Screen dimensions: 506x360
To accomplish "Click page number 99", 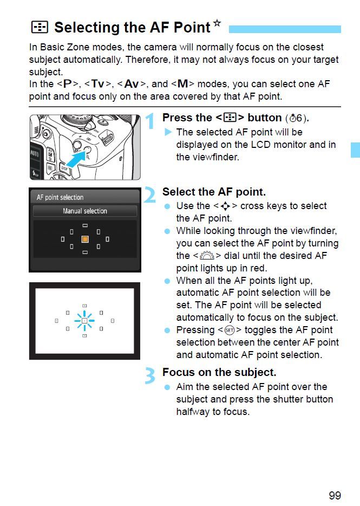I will click(335, 495).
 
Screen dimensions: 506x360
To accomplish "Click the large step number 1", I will click(151, 121).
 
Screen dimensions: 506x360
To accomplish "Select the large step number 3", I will click(151, 375).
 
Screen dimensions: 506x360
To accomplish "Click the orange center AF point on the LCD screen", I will click(84, 239).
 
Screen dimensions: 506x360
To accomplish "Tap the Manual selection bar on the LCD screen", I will click(84, 211).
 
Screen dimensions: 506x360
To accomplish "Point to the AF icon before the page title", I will click(40, 27).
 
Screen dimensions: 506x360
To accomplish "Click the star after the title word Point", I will click(217, 23).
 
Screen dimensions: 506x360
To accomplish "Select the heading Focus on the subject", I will click(219, 373).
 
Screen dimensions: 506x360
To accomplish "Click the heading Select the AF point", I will click(214, 192).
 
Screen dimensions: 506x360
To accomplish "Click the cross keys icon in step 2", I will click(225, 206).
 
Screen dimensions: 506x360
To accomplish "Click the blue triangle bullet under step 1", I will click(168, 132).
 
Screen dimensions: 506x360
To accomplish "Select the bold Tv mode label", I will click(97, 85).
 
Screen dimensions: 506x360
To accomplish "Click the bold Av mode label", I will click(132, 85).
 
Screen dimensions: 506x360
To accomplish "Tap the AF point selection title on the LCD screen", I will click(60, 197).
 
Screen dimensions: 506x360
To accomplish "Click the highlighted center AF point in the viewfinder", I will click(84, 321).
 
